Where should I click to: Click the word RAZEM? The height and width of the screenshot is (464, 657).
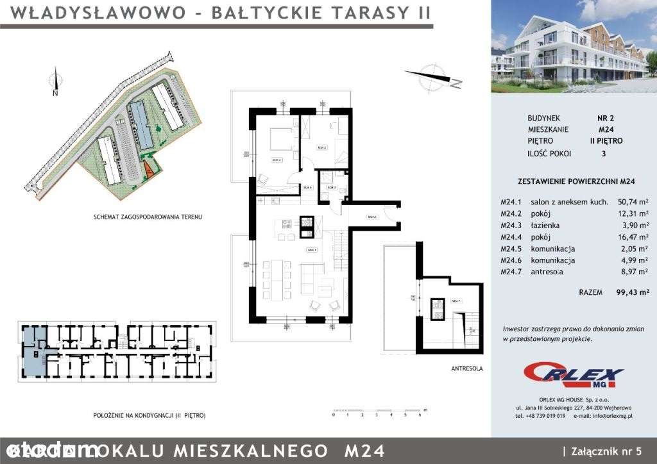(x=590, y=292)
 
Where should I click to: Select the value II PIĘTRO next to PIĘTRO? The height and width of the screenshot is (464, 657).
(x=606, y=141)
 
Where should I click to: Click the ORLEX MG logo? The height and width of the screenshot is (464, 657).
(x=572, y=374)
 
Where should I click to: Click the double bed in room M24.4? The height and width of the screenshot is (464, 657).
(x=279, y=138)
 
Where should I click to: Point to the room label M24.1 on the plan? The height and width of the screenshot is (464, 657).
(x=311, y=251)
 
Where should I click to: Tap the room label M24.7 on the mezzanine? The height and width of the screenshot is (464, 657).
(x=456, y=301)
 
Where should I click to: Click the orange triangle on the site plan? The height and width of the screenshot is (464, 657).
(x=148, y=170)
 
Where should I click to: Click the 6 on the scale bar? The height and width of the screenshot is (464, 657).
(x=420, y=415)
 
